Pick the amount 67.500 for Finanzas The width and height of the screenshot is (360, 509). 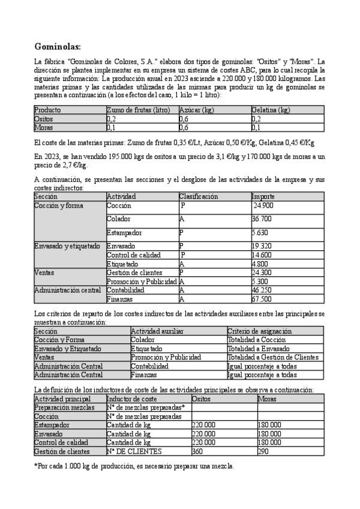[x=262, y=298]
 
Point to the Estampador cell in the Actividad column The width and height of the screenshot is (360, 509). [x=125, y=232]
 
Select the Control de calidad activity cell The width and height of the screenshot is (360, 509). [x=133, y=254]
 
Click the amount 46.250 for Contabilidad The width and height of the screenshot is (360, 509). [x=262, y=289]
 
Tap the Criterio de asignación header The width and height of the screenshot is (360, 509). [x=259, y=331]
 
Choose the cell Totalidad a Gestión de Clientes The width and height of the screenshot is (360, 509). [x=273, y=357]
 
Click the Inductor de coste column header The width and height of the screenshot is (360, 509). [x=131, y=398]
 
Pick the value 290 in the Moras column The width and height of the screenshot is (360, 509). [x=263, y=451]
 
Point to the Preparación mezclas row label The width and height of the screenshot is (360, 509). [x=64, y=407]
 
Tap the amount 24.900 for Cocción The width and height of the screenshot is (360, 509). [x=263, y=205]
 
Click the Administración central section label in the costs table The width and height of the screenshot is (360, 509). [x=67, y=290]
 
